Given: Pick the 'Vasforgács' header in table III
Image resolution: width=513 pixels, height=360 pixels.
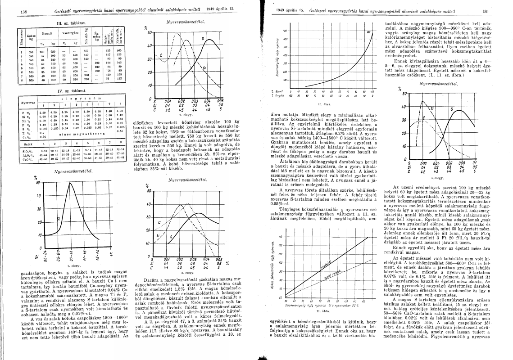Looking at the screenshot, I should (70, 33).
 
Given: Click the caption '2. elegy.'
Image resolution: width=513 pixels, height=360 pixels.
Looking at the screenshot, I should (186, 116).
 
